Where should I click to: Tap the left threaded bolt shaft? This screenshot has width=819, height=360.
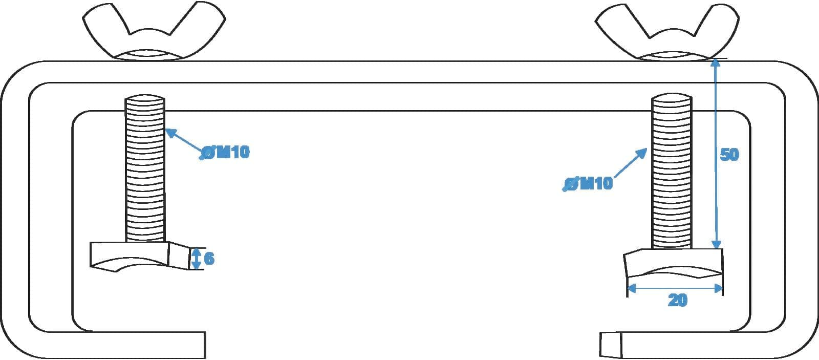(145, 168)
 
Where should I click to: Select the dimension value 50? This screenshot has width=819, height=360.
(729, 154)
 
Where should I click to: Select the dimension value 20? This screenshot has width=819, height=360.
(678, 300)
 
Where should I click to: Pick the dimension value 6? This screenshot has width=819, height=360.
(209, 258)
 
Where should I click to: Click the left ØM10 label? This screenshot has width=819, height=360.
(225, 152)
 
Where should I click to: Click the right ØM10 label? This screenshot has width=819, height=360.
(588, 183)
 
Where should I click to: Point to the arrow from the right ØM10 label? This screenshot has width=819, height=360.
(631, 163)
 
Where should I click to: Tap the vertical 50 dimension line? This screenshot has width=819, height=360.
(716, 154)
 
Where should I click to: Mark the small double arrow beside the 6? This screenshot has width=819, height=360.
(197, 259)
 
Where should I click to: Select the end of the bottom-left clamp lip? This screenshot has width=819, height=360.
(205, 345)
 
